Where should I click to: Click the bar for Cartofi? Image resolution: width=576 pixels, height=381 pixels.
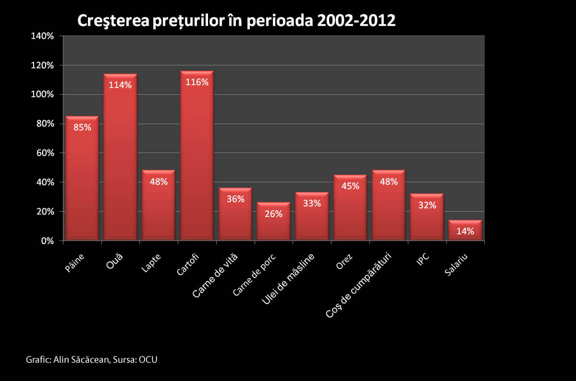[196, 159]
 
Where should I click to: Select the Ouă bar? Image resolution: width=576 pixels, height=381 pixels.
[120, 159]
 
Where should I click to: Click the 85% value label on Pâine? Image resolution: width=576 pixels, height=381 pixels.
[82, 127]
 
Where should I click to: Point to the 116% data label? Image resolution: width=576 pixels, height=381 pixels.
[197, 82]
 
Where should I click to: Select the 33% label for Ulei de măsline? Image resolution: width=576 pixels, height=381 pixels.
[312, 203]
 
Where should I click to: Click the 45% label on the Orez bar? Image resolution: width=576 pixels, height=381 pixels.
[350, 186]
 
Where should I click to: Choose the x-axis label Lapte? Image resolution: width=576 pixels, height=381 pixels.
[152, 263]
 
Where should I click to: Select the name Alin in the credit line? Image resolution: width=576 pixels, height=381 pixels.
[62, 360]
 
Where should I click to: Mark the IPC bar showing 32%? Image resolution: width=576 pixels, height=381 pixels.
[427, 219]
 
